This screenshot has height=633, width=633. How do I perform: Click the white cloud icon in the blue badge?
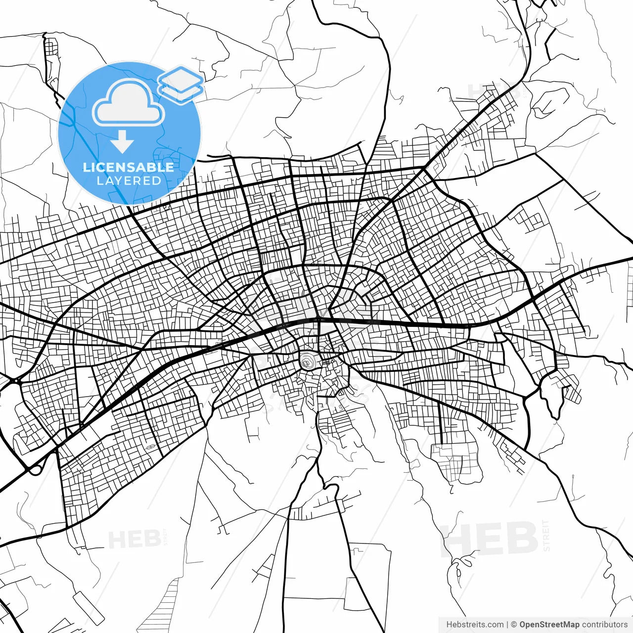(129, 104)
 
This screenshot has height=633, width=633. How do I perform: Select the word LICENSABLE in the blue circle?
(129, 167)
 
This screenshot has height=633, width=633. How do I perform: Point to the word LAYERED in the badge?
(129, 181)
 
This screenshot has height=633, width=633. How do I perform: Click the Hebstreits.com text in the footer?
(475, 625)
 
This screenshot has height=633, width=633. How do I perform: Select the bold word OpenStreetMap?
(549, 625)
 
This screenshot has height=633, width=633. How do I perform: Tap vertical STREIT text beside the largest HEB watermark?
(546, 536)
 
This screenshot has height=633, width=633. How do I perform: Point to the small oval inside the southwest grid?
(150, 447)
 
